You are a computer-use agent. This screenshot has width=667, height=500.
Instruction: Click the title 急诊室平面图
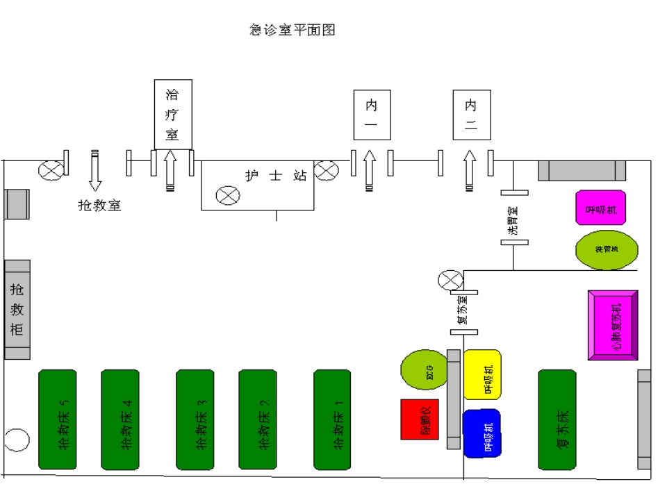pos(293,30)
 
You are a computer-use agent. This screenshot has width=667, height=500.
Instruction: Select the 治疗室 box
pos(172,114)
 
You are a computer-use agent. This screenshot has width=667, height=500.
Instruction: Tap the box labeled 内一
pos(371,115)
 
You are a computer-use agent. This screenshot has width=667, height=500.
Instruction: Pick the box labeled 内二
pos(471,115)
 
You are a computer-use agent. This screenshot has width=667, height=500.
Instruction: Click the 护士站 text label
pos(276,176)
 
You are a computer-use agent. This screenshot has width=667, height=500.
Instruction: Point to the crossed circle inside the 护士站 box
pos(227,196)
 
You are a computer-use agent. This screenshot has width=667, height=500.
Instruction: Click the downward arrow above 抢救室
pos(95,170)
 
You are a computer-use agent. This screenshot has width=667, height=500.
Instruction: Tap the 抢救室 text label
pos(99,206)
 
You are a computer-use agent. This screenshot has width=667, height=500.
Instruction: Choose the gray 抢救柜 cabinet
pos(17,310)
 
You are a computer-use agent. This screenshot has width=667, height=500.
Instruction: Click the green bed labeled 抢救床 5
pos(57,419)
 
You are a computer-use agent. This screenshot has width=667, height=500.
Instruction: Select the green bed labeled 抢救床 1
pos(332,419)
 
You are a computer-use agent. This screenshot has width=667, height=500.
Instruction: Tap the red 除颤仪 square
pos(420,419)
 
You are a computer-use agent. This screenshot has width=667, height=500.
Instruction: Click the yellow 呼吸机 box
pos(482,374)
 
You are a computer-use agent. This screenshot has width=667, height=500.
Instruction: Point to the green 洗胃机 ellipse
pos(607,250)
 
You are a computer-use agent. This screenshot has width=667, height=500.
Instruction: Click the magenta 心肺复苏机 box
pos(613,325)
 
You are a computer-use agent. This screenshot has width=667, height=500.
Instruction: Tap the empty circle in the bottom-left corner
pos(17,440)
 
